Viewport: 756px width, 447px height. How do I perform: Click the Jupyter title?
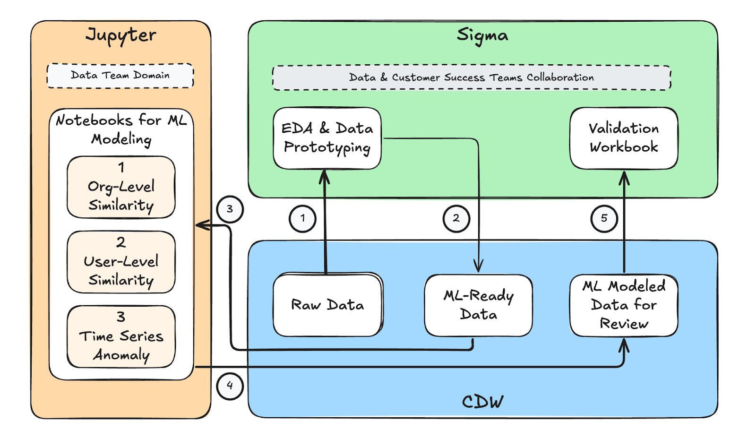[x=121, y=35]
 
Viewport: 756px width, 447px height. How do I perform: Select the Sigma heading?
[x=482, y=35]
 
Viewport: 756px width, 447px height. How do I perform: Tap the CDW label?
[x=482, y=402]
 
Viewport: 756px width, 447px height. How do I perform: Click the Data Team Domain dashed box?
[x=120, y=76]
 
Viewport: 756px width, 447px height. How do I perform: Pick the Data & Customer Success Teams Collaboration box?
[x=471, y=77]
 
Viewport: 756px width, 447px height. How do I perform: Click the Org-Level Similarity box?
[x=121, y=188]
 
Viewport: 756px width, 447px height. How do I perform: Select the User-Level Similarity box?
[x=121, y=262]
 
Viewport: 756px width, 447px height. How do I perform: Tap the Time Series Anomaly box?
[x=121, y=336]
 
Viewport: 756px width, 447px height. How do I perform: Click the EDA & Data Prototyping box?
[x=327, y=138]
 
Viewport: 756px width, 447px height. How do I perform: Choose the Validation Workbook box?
[x=624, y=138]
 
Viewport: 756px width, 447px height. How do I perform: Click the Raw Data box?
[x=327, y=305]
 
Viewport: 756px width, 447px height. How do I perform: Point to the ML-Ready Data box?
[x=478, y=305]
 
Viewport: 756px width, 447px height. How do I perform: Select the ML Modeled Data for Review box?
[x=624, y=305]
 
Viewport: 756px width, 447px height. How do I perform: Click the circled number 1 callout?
[x=302, y=218]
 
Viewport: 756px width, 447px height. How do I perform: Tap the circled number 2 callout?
[x=456, y=218]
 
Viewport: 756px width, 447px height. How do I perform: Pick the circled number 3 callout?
[x=230, y=209]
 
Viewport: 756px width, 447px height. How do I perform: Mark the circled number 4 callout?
[x=230, y=386]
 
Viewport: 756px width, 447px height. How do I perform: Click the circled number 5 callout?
[x=604, y=218]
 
